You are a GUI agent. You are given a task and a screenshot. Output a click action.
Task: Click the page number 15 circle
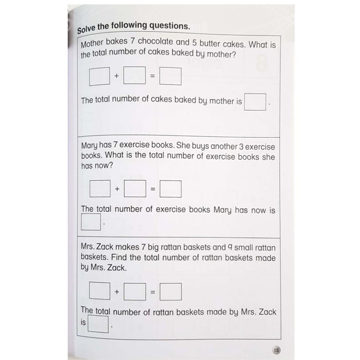tap(277, 350)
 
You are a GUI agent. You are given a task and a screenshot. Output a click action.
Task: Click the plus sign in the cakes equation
tap(117, 76)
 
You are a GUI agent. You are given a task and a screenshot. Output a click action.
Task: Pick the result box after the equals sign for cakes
tap(170, 76)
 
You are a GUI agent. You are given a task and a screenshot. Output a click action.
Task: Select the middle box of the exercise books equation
tap(134, 189)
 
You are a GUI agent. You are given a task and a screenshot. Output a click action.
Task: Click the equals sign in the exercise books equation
tap(152, 189)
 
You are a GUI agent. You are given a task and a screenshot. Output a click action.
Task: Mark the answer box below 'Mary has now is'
tap(90, 222)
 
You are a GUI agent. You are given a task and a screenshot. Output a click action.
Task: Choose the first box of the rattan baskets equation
tap(100, 291)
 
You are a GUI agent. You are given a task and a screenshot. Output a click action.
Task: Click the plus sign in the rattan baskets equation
tap(117, 292)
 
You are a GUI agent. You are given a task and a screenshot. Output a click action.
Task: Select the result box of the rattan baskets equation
tap(170, 291)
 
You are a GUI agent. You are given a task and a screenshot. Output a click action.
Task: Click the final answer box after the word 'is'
tap(98, 324)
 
